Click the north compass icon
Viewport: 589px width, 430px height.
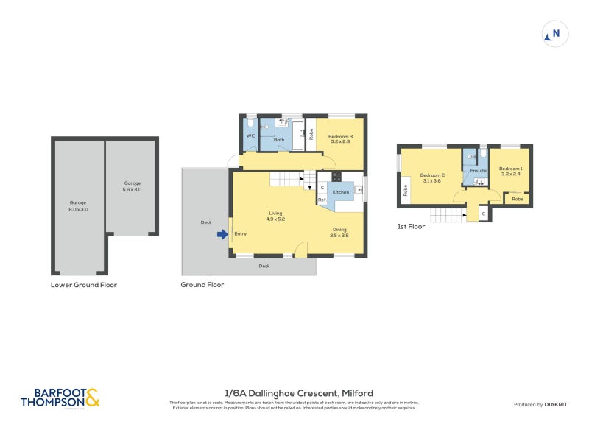point(556,34)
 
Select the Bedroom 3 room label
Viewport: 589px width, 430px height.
point(341,139)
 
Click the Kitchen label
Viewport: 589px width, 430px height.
point(340,192)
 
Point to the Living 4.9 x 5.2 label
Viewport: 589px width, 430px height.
point(275,216)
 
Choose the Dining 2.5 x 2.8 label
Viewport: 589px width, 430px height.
point(339,232)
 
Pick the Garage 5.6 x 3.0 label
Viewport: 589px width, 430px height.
point(133,186)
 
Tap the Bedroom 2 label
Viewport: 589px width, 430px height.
point(431,177)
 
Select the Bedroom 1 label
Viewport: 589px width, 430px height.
point(511,172)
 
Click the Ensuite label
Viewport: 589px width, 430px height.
point(479,171)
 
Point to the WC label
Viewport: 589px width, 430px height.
point(250,135)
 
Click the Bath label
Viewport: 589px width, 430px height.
point(279,139)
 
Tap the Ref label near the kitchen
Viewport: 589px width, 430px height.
point(322,200)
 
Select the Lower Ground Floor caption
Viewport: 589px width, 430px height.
point(83,285)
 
